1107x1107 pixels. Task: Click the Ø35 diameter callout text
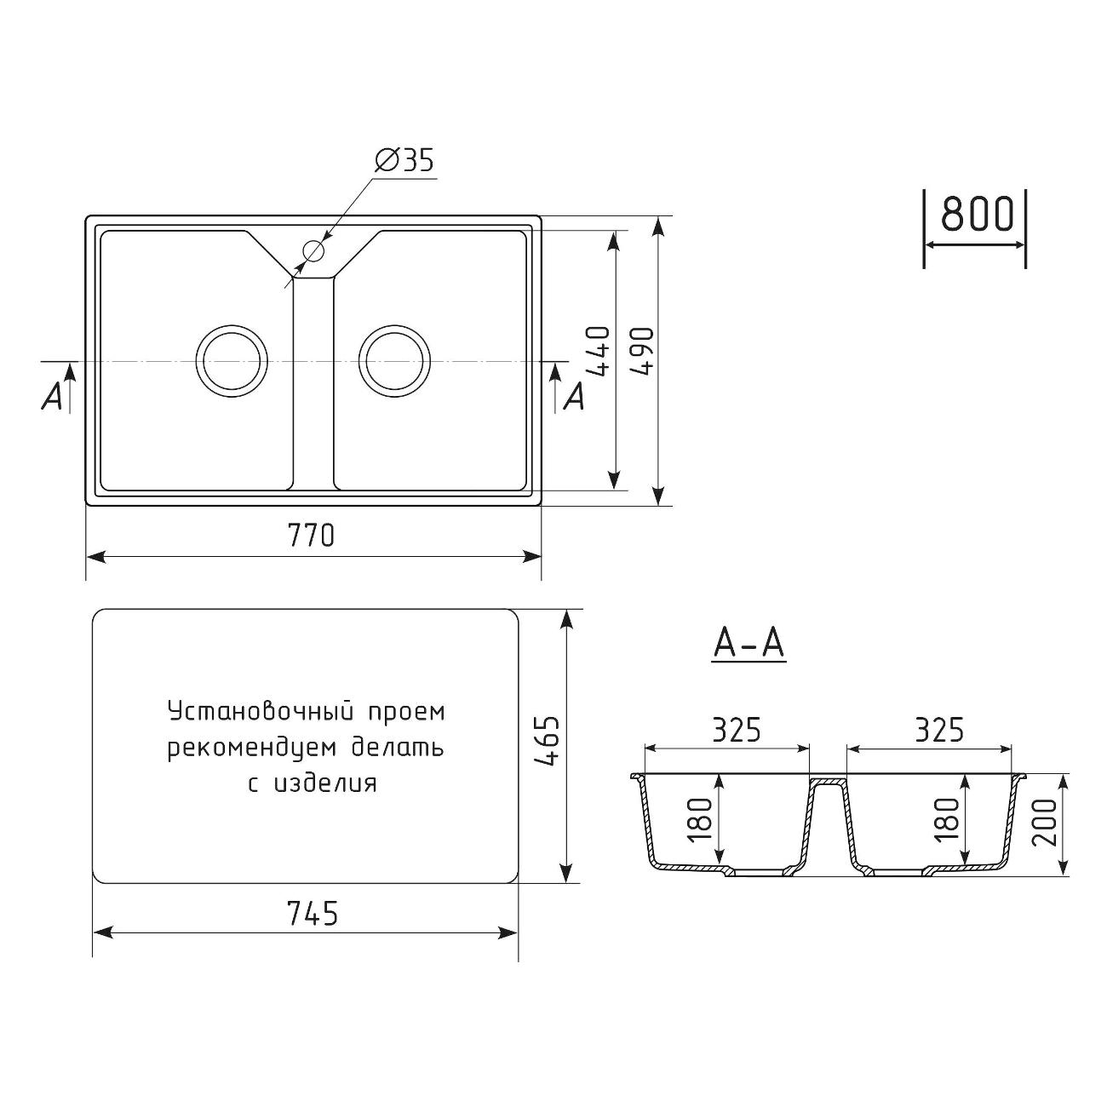click(404, 159)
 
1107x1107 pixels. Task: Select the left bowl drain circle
click(232, 361)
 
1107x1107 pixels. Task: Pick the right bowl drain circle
click(394, 361)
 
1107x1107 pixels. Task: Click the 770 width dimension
click(311, 536)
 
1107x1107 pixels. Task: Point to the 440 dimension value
click(598, 351)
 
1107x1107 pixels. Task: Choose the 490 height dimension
click(642, 351)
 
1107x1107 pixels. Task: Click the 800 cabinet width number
click(977, 214)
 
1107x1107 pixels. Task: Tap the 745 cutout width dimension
click(313, 913)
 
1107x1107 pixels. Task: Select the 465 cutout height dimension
click(546, 741)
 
